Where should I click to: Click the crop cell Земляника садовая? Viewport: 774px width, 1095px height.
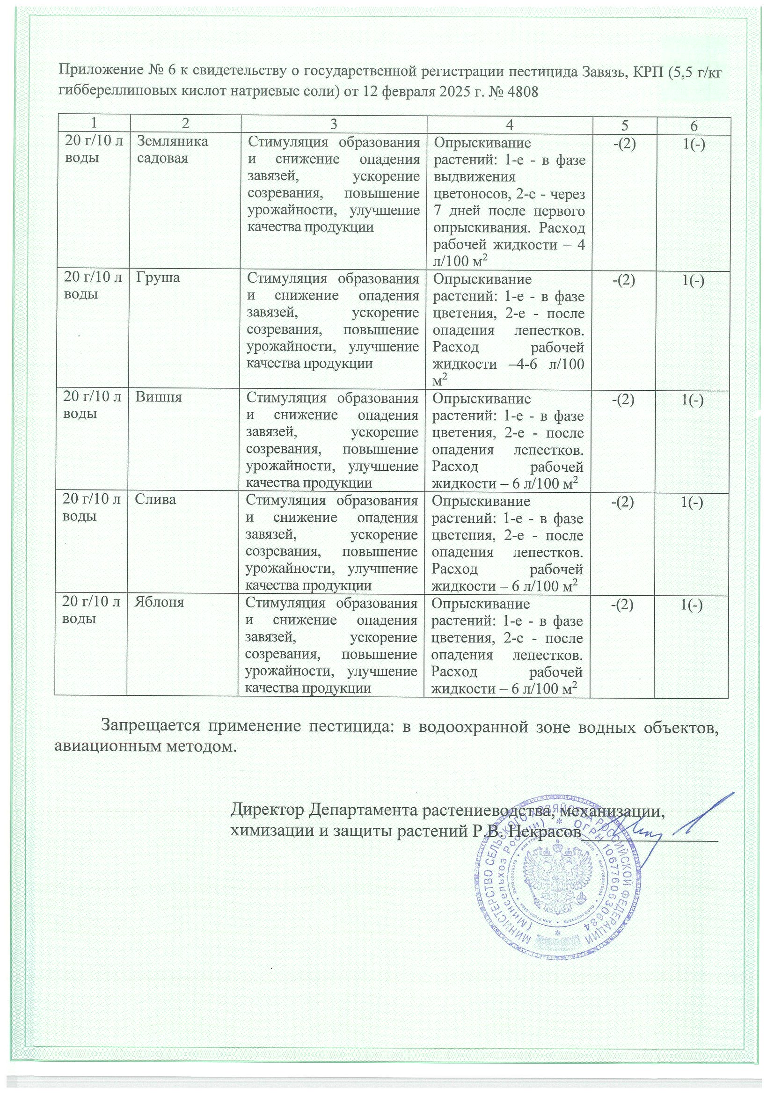pyautogui.click(x=172, y=150)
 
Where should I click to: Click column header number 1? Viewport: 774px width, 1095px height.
pyautogui.click(x=94, y=124)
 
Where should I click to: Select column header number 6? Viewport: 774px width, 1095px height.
pyautogui.click(x=694, y=125)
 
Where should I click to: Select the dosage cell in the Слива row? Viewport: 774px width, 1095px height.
pyautogui.click(x=92, y=507)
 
